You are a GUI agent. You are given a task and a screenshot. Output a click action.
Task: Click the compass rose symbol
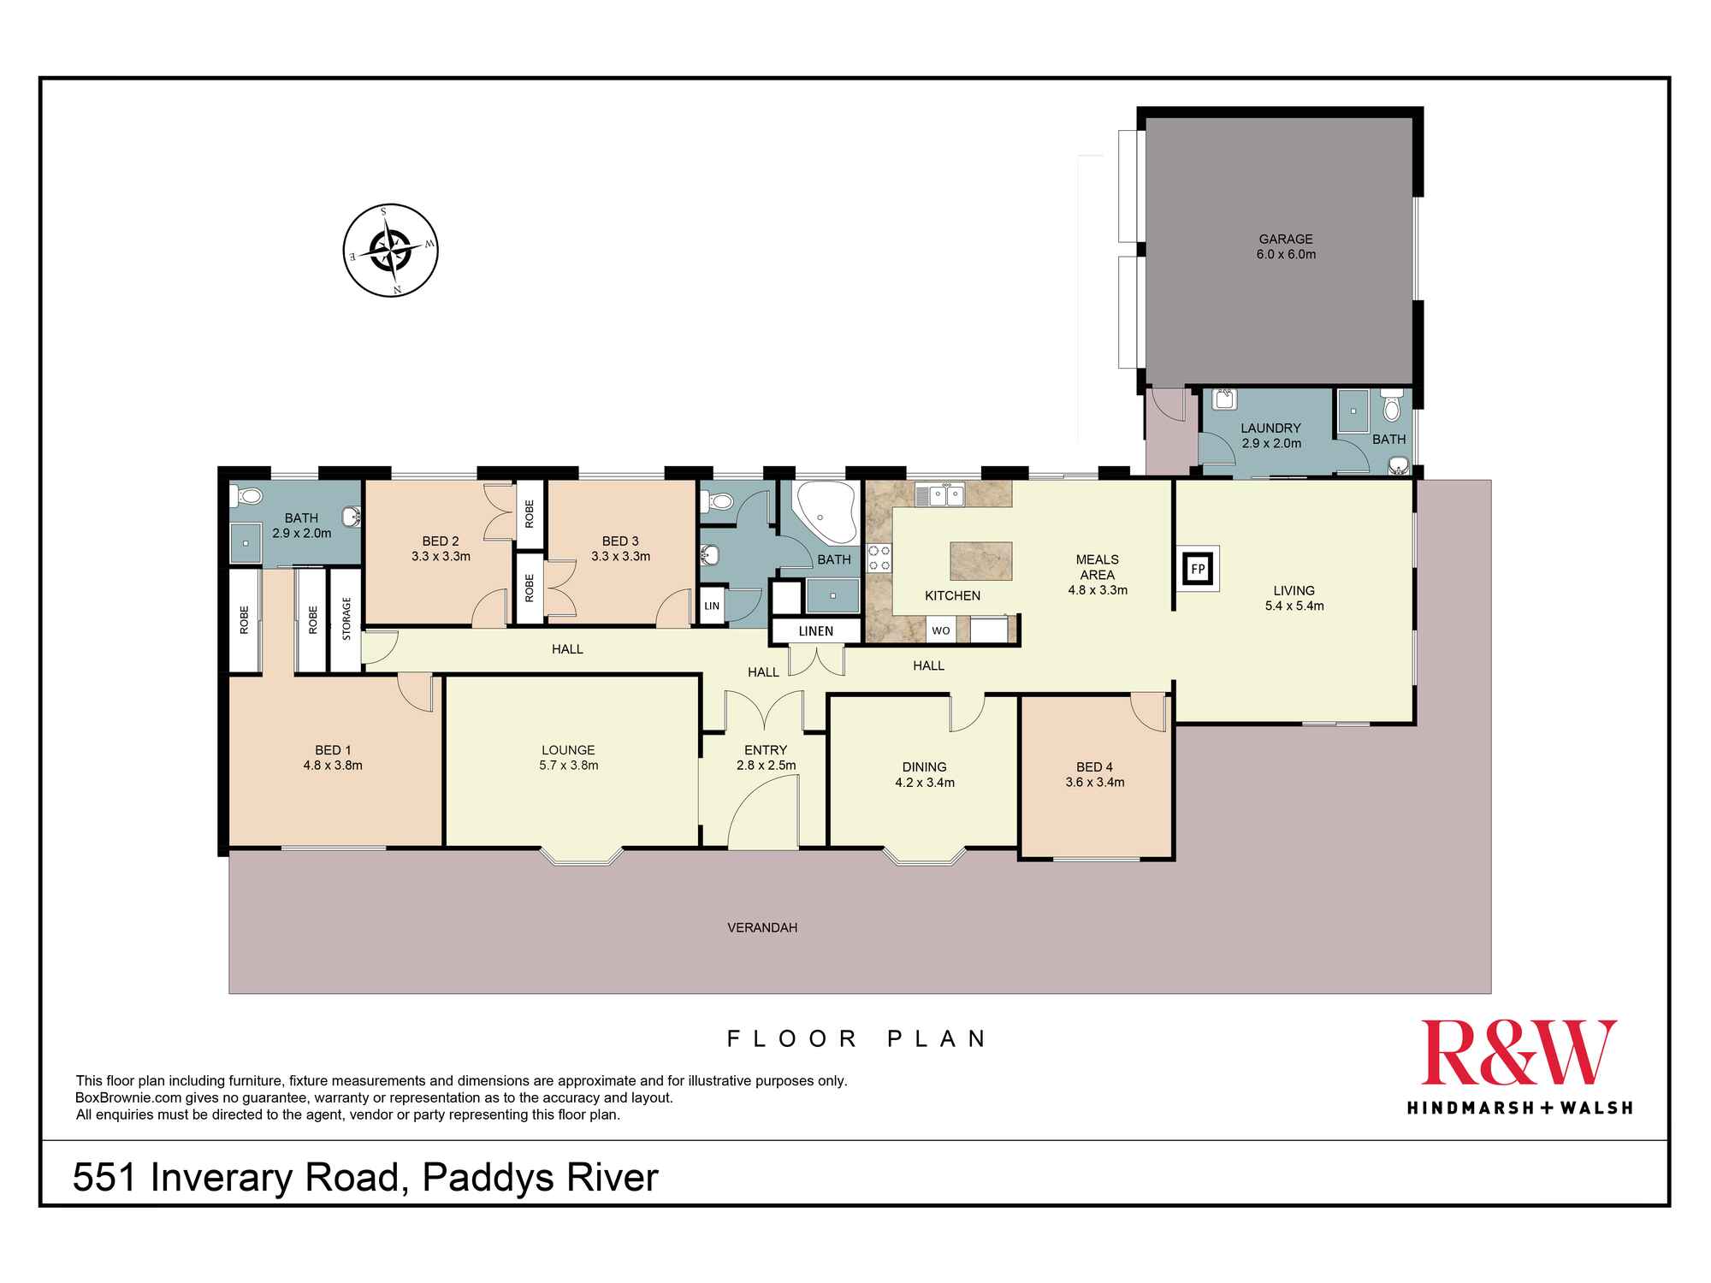(x=390, y=251)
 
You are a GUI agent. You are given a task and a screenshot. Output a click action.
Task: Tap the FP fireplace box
(x=1198, y=569)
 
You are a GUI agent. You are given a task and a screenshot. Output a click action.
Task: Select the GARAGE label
(x=1285, y=239)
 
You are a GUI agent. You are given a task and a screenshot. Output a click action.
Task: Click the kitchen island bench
(x=980, y=561)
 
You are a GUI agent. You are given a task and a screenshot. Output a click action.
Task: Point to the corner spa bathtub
(x=824, y=513)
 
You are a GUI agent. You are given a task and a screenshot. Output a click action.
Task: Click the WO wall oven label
(x=940, y=631)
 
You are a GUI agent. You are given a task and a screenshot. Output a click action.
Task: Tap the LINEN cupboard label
(x=815, y=631)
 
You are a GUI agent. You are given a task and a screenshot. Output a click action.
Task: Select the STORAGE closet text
(x=346, y=618)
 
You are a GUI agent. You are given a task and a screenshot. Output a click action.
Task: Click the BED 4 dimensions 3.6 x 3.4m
(x=1094, y=782)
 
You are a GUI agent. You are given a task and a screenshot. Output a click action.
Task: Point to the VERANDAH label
(x=762, y=927)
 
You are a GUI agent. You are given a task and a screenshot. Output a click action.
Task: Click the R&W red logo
(x=1519, y=1053)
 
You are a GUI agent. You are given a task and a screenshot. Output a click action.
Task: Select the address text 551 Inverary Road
(x=236, y=1178)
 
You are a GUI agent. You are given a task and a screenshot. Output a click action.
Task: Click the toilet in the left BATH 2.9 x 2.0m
(x=247, y=495)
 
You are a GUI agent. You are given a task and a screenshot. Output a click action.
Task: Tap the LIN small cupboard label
(x=712, y=606)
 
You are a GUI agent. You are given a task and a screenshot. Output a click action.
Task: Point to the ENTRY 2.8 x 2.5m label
(x=765, y=757)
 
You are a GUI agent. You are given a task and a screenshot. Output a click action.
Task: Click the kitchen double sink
(x=939, y=495)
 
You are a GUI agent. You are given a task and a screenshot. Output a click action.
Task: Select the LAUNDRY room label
(x=1270, y=429)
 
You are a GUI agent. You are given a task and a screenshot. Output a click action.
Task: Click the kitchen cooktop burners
(x=879, y=558)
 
